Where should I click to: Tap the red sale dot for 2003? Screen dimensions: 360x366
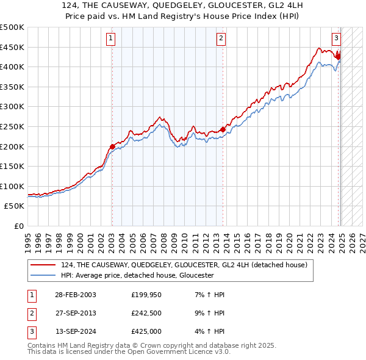pyautogui.click(x=112, y=146)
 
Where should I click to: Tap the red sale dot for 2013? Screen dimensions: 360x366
pyautogui.click(x=223, y=129)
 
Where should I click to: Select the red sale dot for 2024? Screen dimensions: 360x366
pyautogui.click(x=338, y=57)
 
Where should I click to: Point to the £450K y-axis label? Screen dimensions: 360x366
pyautogui.click(x=12, y=47)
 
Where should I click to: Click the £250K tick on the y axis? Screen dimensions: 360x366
pyautogui.click(x=12, y=126)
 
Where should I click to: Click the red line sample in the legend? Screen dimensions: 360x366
pyautogui.click(x=43, y=265)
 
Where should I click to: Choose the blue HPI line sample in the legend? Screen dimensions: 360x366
pyautogui.click(x=43, y=275)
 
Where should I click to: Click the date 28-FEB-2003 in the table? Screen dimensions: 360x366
pyautogui.click(x=75, y=295)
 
